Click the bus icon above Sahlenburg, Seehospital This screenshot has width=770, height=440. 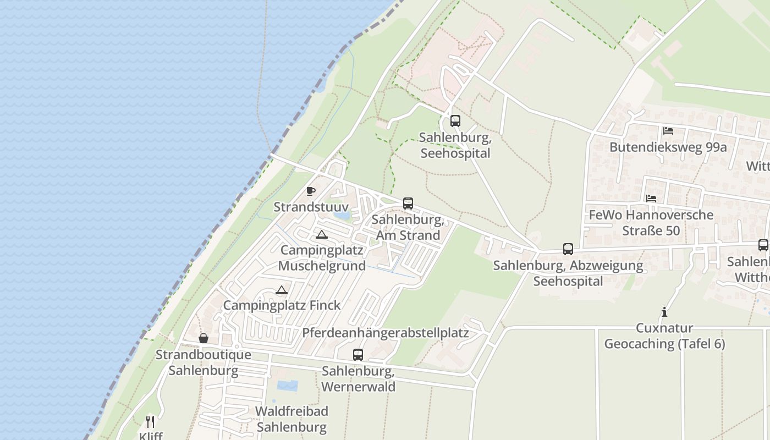click(x=455, y=121)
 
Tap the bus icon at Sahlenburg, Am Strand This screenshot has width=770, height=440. click(x=408, y=204)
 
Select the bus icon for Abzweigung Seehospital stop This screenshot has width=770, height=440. click(x=568, y=249)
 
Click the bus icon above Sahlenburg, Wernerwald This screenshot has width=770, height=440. click(x=358, y=355)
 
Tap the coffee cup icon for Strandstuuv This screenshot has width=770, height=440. click(x=311, y=191)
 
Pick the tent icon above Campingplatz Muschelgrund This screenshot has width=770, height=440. click(x=322, y=235)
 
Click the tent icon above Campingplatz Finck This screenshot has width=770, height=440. click(x=282, y=290)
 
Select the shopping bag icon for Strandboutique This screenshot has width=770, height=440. click(x=204, y=338)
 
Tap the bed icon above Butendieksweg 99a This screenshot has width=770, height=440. click(x=668, y=131)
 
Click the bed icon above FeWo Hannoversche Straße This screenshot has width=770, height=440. click(x=651, y=199)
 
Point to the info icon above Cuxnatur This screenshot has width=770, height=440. click(x=664, y=312)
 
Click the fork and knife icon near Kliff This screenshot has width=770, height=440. click(x=150, y=422)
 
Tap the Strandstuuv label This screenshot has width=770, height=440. click(x=311, y=207)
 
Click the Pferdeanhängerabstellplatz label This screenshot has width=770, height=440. click(x=385, y=333)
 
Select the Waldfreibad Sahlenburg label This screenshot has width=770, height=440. click(x=291, y=419)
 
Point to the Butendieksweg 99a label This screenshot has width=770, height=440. click(x=668, y=147)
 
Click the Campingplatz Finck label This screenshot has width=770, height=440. click(x=282, y=305)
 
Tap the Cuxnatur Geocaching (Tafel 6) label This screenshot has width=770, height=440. click(x=664, y=336)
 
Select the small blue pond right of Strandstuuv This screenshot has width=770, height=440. click(x=342, y=216)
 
